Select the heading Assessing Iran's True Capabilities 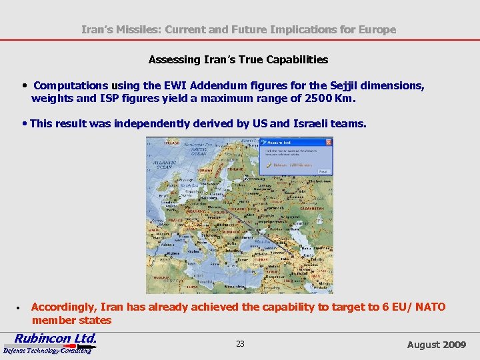point(238,59)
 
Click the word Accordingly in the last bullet point(64,307)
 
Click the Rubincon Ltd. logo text point(56,338)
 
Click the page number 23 point(240,344)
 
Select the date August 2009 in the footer point(437,345)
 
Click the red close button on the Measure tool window point(329,142)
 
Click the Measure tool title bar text point(279,142)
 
